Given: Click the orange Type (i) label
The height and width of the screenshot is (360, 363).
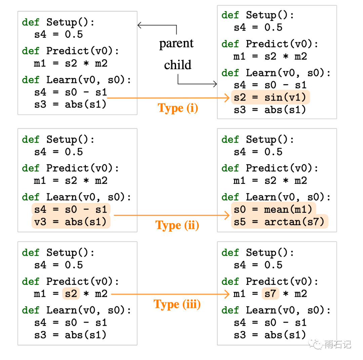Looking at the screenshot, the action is (x=178, y=108).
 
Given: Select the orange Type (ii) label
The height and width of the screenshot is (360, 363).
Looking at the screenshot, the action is (x=177, y=225).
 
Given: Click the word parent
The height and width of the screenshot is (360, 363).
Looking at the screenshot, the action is (x=176, y=43).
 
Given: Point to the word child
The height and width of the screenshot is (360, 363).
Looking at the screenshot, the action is (x=177, y=65).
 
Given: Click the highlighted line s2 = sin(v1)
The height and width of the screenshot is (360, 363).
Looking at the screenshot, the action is (x=270, y=97).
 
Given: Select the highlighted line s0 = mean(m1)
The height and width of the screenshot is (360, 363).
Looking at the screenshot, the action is (x=273, y=209).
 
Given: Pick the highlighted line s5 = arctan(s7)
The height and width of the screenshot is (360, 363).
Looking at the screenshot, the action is (x=279, y=222).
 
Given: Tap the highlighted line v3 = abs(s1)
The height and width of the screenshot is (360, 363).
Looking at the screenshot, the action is (x=71, y=222).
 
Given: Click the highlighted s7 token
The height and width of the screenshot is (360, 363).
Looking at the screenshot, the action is (x=270, y=294).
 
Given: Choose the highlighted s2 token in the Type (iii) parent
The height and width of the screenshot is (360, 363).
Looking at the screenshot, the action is (x=71, y=294).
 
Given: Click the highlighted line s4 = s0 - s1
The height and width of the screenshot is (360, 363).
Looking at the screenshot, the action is (x=71, y=209).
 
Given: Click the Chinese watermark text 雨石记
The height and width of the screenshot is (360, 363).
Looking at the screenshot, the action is (x=337, y=344).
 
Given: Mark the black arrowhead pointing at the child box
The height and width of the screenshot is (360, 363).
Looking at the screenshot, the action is (x=215, y=84).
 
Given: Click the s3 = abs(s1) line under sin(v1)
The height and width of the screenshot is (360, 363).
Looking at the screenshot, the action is (x=270, y=110).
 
